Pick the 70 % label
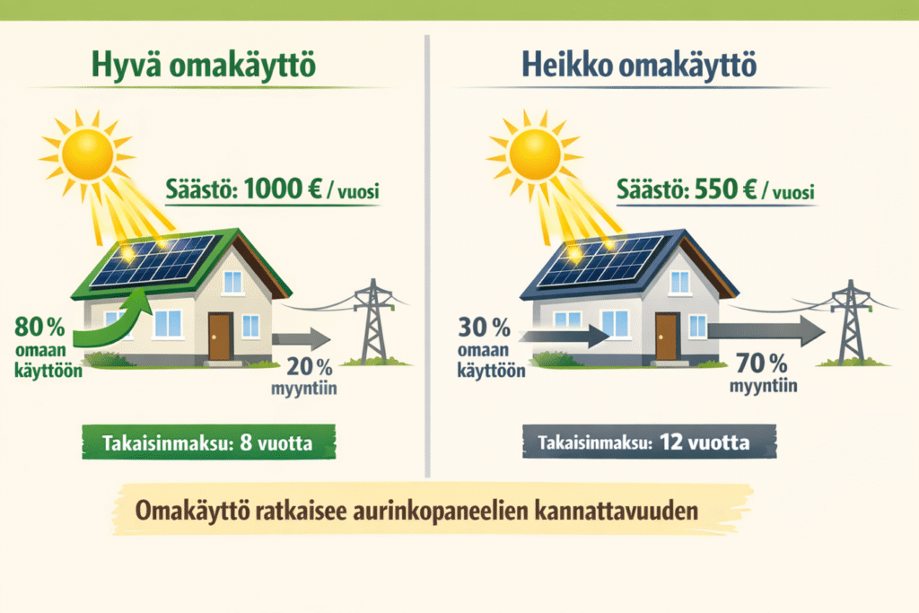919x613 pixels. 761,364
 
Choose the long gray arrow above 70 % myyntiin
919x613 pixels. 763,330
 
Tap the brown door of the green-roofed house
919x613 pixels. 220,336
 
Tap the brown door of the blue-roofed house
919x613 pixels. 667,336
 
